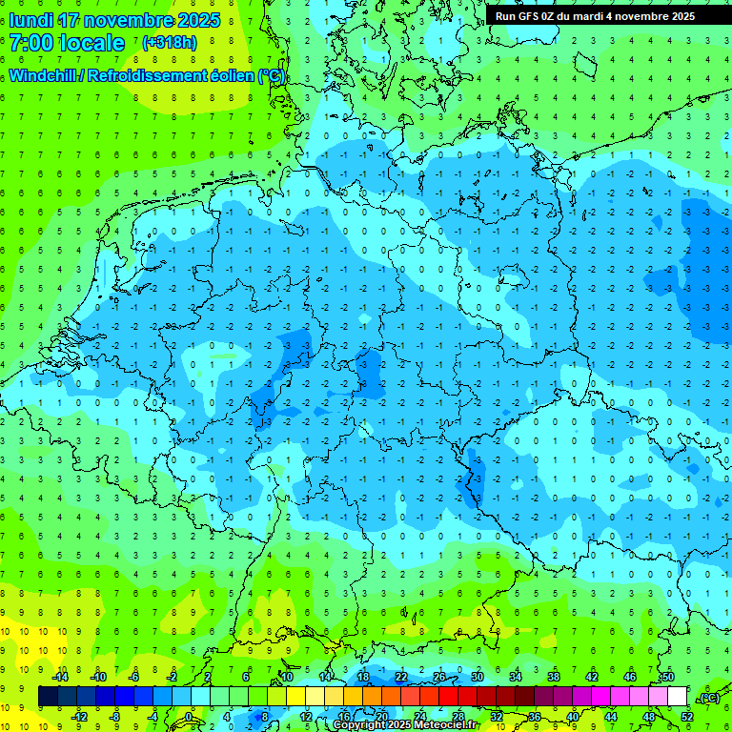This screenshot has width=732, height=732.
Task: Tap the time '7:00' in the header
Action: pos(30,43)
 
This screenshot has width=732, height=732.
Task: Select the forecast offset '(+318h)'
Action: pos(171,43)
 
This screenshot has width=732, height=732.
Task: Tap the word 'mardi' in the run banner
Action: pos(596,16)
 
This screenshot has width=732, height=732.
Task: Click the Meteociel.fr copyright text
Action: pos(404,725)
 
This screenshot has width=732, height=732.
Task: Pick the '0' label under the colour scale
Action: pos(189,717)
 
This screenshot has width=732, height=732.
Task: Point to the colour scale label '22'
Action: pos(401,677)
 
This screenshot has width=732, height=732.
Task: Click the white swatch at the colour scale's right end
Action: pos(677,697)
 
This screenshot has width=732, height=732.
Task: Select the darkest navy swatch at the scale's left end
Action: pos(48,697)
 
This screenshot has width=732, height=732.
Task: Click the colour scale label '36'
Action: pos(534,717)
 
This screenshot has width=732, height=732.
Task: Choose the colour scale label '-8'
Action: pos(115,717)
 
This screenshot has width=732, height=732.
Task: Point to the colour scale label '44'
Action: pos(610,717)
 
